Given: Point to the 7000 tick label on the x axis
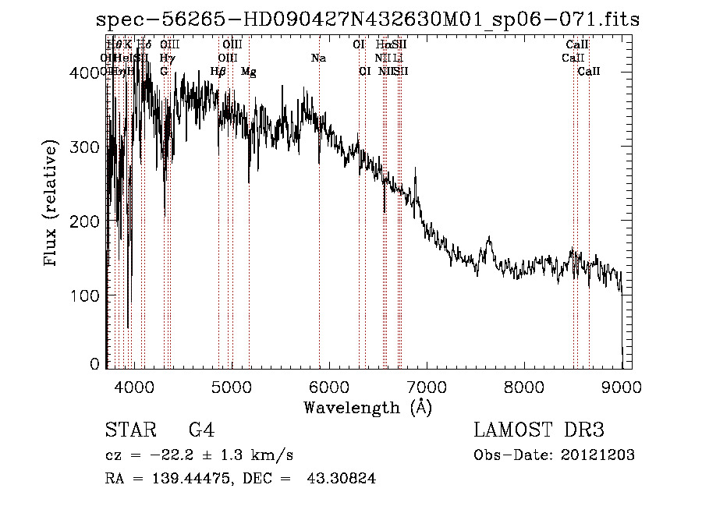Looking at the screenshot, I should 427,387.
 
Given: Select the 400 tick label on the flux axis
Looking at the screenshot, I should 84,73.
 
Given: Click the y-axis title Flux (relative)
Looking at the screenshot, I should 52,204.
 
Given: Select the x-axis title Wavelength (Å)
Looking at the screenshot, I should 367,407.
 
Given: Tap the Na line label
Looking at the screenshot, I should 318,58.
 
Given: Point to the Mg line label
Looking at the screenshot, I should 248,72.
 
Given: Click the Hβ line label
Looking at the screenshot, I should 218,72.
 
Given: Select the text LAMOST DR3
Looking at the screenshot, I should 539,430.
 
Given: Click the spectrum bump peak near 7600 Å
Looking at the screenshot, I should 489,238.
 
